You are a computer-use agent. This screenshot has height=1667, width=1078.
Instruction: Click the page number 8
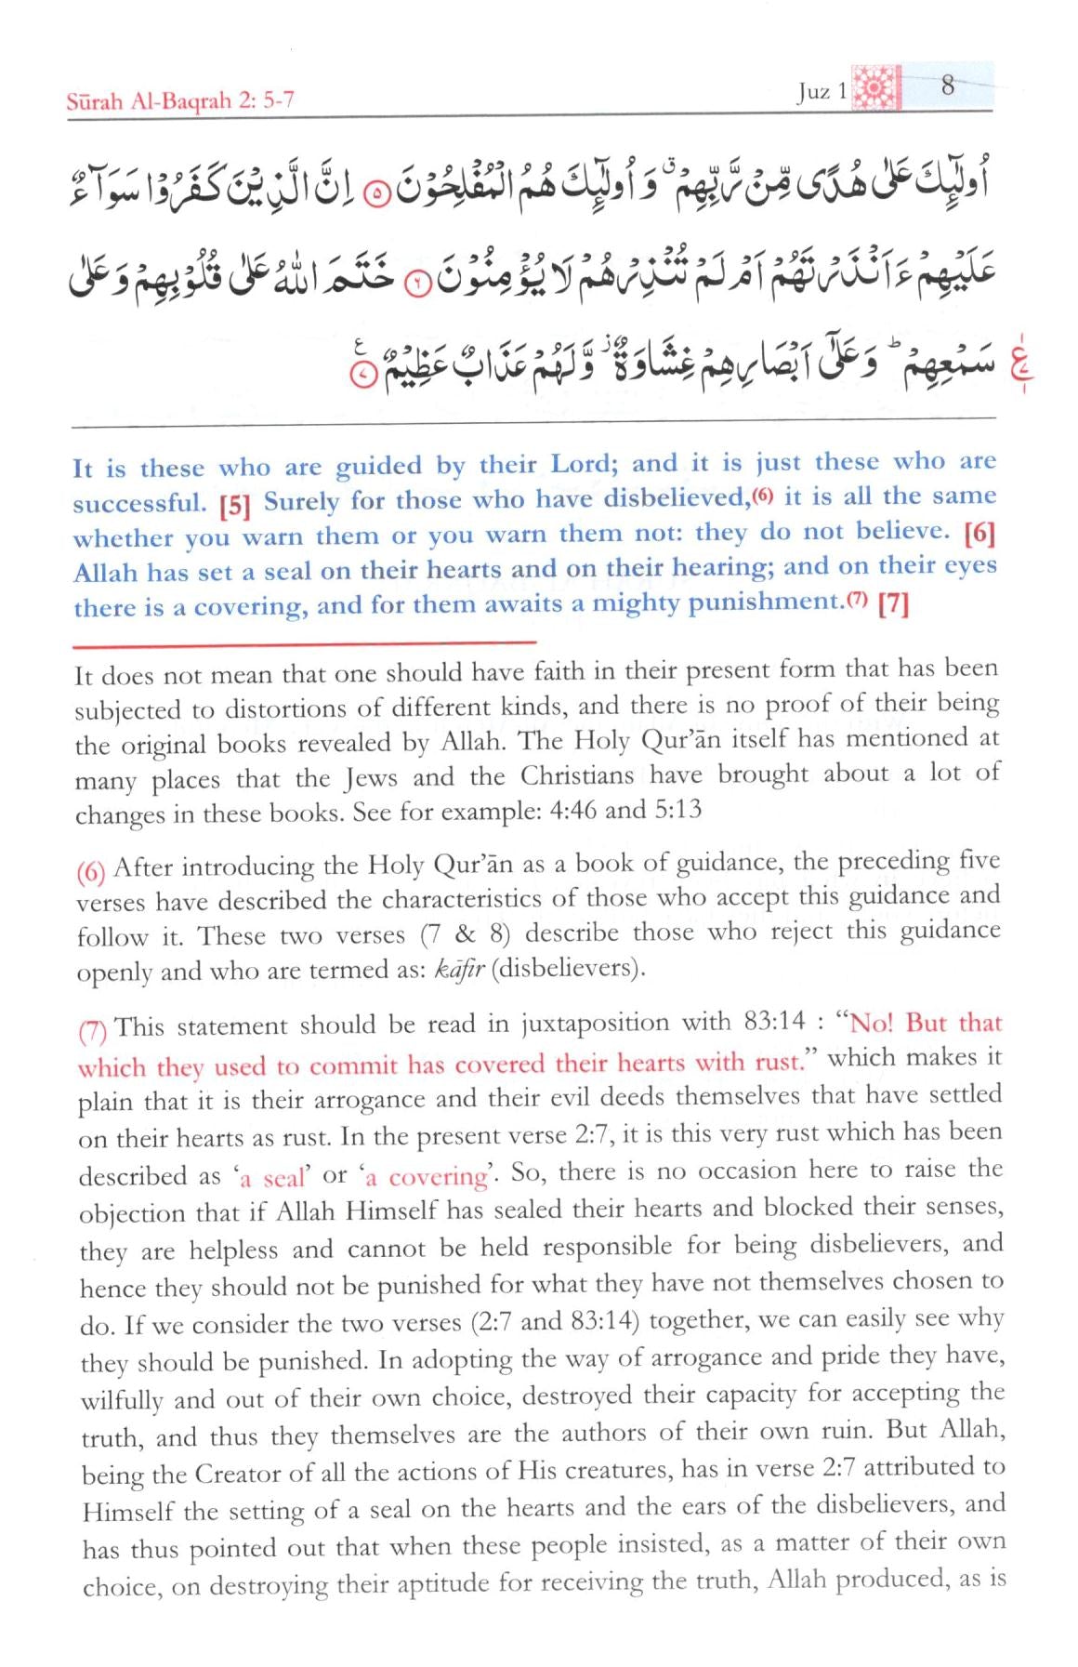pos(947,86)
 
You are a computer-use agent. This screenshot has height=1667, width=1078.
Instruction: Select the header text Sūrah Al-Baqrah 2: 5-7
pos(180,101)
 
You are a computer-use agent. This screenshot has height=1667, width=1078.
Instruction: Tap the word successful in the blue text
pos(138,504)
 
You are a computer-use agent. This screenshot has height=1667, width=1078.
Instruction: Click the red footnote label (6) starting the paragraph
pos(91,871)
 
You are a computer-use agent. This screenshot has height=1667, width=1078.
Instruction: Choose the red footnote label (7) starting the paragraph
pos(93,1030)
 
